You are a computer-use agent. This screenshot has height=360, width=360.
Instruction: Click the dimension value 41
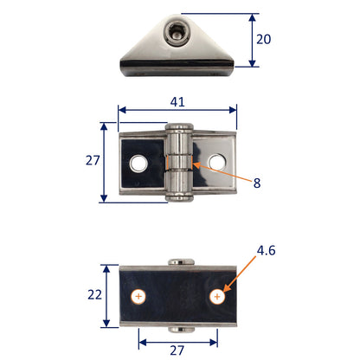tap(177, 101)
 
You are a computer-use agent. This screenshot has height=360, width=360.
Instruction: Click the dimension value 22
tap(93, 296)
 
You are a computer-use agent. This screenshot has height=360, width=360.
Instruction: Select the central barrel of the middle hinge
tap(178, 164)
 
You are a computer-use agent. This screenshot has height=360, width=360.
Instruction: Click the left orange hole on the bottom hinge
tap(138, 297)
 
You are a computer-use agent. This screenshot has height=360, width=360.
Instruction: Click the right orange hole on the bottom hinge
tap(215, 297)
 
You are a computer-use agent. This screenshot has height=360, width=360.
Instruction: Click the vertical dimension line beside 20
tap(253, 40)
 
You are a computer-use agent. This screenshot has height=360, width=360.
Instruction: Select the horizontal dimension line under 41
tap(177, 111)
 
